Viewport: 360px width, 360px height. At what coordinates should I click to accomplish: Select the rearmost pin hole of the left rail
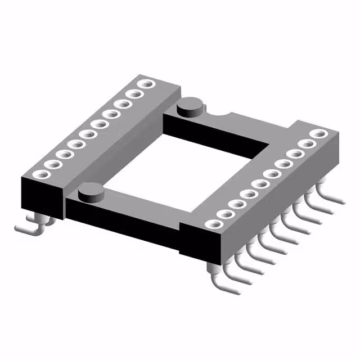pyautogui.click(x=147, y=84)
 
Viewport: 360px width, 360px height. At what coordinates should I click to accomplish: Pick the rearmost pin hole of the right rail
pyautogui.click(x=318, y=134)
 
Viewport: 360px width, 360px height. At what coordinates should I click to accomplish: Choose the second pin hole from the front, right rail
pyautogui.click(x=224, y=214)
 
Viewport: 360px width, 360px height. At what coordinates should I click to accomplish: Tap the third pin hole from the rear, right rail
pyautogui.click(x=295, y=154)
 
